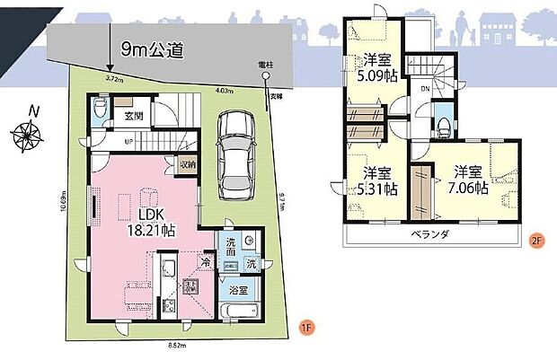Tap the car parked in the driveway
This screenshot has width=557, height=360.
coord(236,152)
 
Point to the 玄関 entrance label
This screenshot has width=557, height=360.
coord(134,115)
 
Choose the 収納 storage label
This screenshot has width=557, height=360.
coord(187,164)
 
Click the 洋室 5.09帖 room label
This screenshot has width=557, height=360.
coord(376,68)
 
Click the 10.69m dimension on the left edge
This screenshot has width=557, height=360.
coord(63,209)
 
